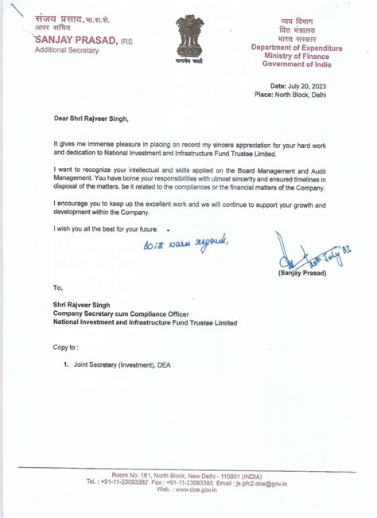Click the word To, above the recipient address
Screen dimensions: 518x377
click(57, 288)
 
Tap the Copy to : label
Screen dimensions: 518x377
click(65, 347)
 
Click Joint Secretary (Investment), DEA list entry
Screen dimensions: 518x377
click(121, 364)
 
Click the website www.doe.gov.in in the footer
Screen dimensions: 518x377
click(191, 490)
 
